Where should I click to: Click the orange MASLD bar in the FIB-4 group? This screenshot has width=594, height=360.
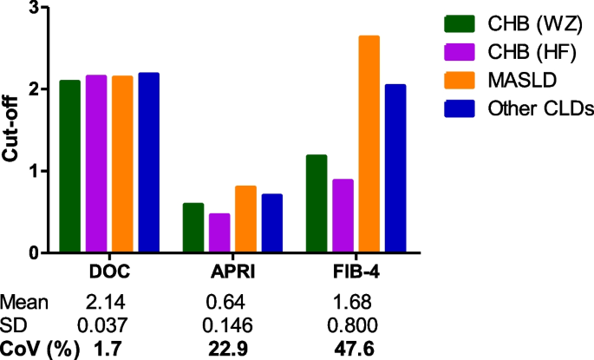[x=369, y=144]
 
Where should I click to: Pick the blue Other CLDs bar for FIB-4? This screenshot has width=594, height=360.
[x=395, y=168]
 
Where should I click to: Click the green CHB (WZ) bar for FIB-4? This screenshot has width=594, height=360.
[x=317, y=204]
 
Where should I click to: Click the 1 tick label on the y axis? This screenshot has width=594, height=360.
[x=36, y=171]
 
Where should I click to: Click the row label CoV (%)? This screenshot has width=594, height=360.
[x=40, y=349]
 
